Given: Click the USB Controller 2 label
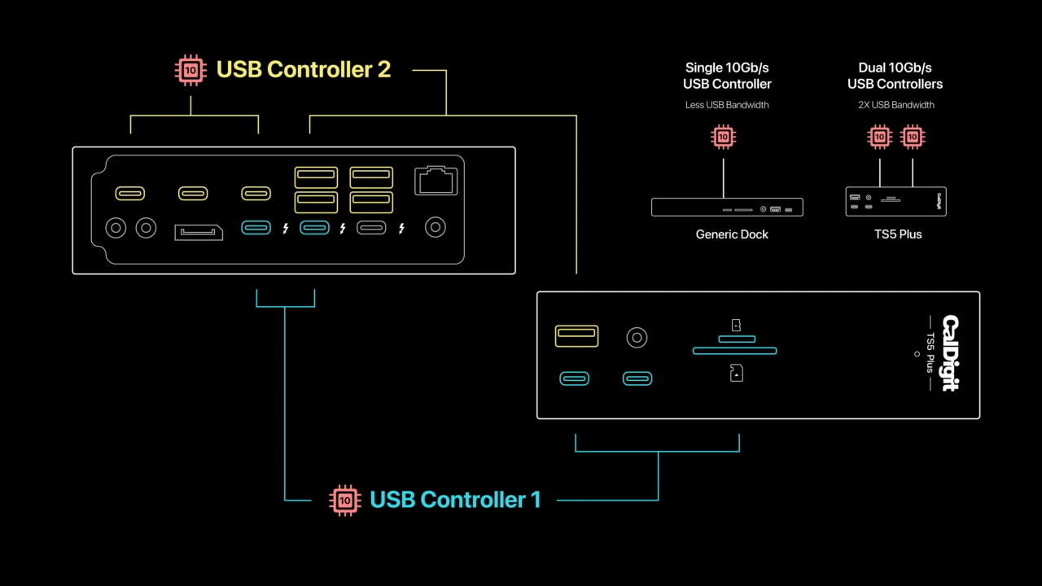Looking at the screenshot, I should point(303,70).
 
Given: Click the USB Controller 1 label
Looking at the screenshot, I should point(454,500).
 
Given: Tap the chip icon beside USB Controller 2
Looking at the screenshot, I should point(190,70).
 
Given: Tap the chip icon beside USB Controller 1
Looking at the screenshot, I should point(344,500).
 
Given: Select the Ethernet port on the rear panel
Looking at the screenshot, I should point(436,181).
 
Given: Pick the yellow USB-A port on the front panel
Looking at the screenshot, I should point(576,335).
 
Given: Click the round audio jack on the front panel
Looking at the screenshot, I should point(637,337).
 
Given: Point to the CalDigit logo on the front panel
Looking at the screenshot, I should point(950,353).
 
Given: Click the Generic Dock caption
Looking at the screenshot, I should point(732,234).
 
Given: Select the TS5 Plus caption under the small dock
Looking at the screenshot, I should point(897,234).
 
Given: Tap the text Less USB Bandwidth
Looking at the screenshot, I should point(727,105).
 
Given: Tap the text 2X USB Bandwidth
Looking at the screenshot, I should point(895,105).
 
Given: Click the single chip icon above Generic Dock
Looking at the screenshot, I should point(723,137).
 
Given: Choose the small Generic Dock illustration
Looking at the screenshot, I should point(727,208).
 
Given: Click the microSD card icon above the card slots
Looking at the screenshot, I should point(736,325).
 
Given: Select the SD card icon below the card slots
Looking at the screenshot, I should point(736,373).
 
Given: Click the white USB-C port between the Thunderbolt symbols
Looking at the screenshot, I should point(371,228).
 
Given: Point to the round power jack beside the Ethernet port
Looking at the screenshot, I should point(436,228).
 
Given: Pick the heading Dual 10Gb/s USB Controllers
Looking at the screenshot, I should point(895,76).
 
